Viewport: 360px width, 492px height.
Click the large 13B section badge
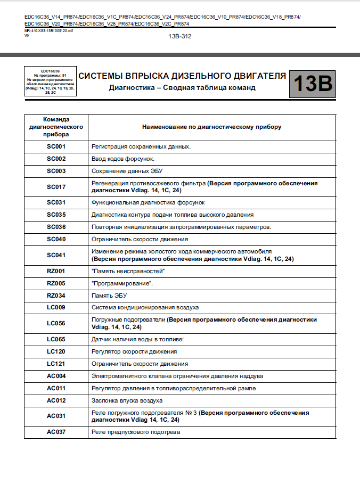click(313, 84)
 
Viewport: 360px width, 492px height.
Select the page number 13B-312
click(180, 36)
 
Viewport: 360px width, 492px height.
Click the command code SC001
click(56, 146)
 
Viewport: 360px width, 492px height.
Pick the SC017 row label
click(56, 186)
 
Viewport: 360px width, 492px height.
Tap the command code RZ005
click(56, 283)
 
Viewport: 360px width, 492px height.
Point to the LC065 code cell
click(56, 339)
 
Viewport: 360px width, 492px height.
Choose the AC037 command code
click(56, 431)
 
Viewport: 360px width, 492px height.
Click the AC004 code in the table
click(56, 376)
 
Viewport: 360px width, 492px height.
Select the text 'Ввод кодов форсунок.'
click(123, 159)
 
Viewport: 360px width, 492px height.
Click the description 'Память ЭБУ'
click(109, 296)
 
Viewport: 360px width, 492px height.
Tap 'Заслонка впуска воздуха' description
click(127, 400)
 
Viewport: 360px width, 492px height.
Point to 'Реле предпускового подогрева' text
click(135, 431)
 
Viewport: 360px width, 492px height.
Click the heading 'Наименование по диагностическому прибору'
click(211, 127)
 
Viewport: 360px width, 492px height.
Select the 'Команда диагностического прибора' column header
click(56, 127)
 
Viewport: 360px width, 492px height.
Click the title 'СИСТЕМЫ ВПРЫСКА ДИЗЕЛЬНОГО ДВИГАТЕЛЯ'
click(182, 76)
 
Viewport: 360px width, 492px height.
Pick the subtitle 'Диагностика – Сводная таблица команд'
click(182, 87)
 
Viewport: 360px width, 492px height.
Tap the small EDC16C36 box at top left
click(51, 81)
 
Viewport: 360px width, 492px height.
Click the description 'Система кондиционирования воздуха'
click(145, 308)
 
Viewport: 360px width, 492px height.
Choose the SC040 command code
click(56, 240)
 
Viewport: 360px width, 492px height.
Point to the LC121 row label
click(56, 364)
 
